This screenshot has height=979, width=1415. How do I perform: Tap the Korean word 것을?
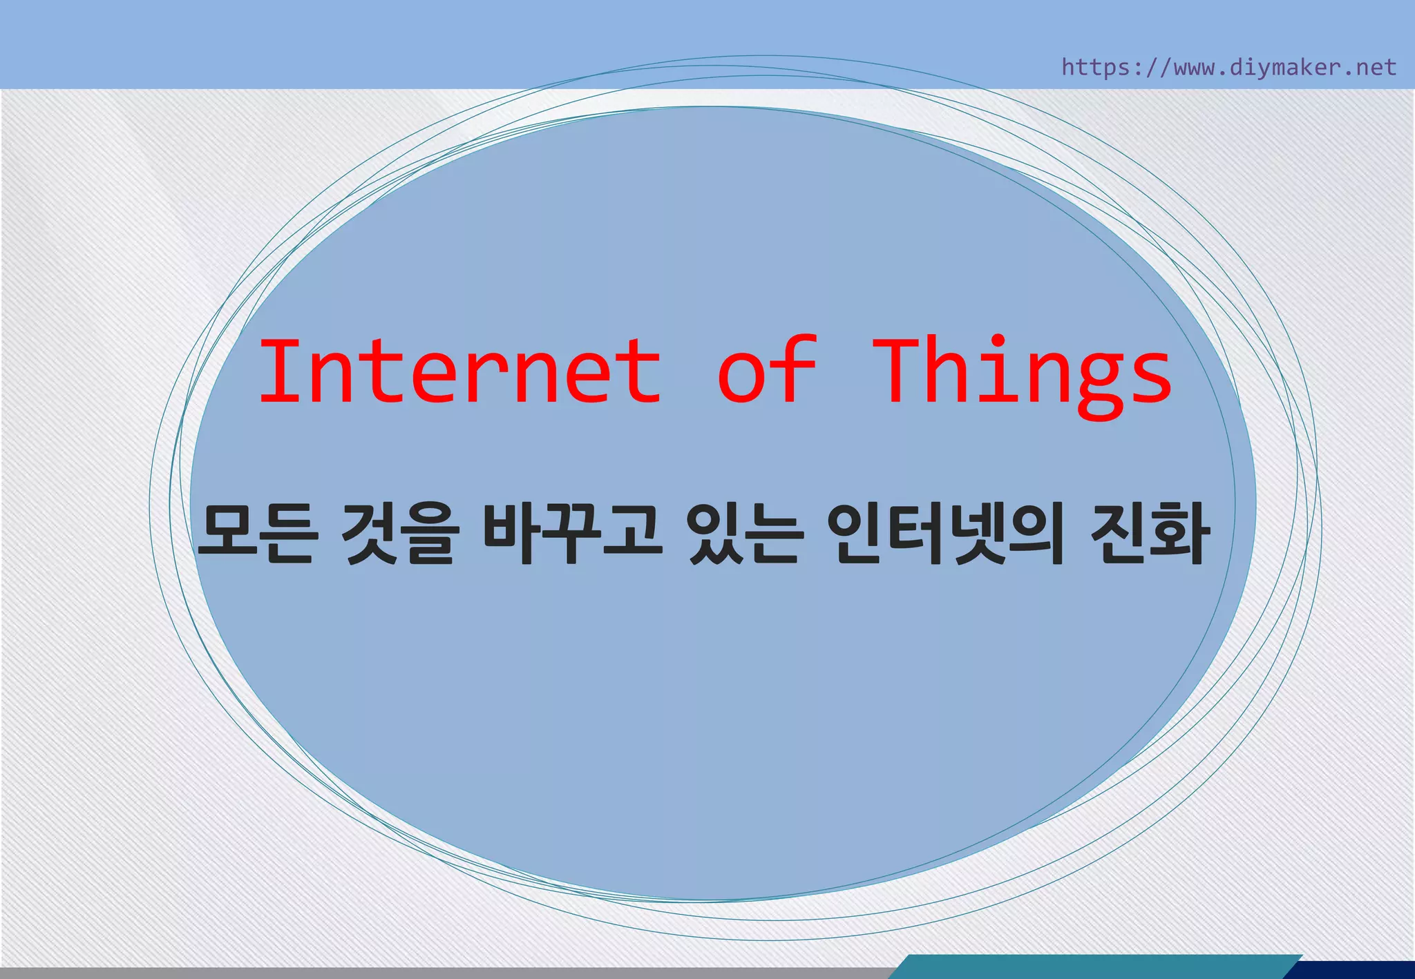(x=400, y=534)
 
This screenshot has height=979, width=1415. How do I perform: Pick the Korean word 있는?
(x=746, y=534)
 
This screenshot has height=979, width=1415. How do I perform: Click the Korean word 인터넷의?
(x=946, y=534)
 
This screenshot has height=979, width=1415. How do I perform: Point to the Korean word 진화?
(x=1150, y=534)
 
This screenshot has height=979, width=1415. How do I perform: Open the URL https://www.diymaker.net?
(x=1228, y=67)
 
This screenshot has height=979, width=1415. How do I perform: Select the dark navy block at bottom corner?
(x=1354, y=970)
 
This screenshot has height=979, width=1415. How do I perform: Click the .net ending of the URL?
(x=1371, y=67)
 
